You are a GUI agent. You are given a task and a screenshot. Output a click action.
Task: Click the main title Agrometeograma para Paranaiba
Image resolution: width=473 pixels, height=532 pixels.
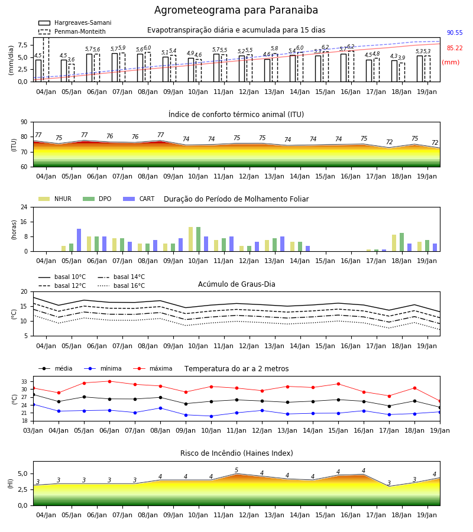point(236,10)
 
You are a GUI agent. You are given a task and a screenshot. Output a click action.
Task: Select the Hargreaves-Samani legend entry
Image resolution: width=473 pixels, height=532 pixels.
point(75,22)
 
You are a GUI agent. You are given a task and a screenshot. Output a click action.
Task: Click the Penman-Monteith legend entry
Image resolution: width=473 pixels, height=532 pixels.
point(72,31)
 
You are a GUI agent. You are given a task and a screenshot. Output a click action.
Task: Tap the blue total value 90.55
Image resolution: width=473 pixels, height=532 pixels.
point(455,33)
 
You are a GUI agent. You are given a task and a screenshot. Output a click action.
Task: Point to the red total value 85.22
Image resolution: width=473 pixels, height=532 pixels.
point(455,48)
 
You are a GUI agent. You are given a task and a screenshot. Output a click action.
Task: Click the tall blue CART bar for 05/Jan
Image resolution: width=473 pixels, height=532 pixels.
point(79,240)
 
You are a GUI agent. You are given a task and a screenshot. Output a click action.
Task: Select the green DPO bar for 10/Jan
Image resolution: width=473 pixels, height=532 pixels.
point(198,239)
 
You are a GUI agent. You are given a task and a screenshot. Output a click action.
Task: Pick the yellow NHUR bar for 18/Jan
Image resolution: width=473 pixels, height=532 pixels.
point(394,243)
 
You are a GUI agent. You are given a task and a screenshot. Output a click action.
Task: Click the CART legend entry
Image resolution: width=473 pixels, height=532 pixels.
point(139,199)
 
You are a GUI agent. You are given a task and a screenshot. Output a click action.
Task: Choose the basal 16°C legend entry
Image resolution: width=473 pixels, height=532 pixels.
point(121,286)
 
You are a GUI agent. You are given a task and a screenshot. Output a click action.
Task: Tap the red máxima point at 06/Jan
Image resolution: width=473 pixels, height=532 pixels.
point(109,381)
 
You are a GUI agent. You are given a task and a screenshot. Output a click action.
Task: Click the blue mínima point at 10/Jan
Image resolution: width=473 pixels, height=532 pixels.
point(212,416)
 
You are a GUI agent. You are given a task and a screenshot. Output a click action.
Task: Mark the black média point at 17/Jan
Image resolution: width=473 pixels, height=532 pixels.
point(389,406)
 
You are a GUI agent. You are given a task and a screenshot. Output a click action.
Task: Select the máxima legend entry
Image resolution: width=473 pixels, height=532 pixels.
point(153,368)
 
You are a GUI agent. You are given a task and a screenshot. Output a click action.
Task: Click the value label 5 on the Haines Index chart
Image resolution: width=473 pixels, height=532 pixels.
point(237,471)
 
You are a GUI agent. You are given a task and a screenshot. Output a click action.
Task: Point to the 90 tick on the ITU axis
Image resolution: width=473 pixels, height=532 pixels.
point(24,122)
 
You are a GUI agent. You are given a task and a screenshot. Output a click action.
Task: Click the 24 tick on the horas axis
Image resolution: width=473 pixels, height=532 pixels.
point(24,207)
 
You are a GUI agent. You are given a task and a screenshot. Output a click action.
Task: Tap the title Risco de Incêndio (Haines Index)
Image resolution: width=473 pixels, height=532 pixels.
point(237,453)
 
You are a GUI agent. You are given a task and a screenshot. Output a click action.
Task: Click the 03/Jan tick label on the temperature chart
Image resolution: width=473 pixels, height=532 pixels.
point(33,430)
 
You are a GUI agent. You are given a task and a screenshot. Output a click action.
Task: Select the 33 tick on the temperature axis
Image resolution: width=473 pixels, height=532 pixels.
point(24,382)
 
